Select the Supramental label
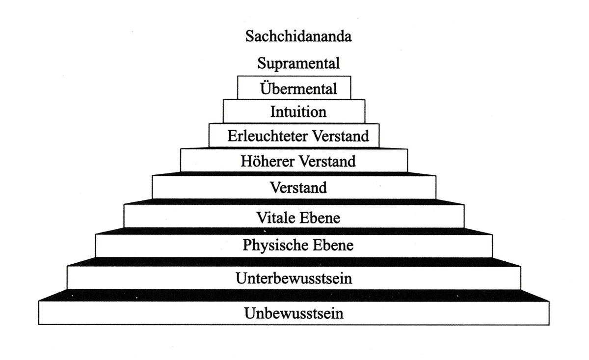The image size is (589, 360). tap(298, 64)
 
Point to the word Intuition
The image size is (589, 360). tap(298, 112)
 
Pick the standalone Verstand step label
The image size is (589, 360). tap(298, 188)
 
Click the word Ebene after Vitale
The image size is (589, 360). tap(320, 218)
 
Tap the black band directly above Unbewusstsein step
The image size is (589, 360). tap(294, 295)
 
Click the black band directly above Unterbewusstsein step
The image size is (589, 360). tap(294, 262)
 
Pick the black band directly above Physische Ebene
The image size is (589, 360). tap(294, 231)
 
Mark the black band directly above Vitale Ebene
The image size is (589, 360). tap(294, 202)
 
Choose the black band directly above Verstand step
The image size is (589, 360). tap(294, 174)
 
